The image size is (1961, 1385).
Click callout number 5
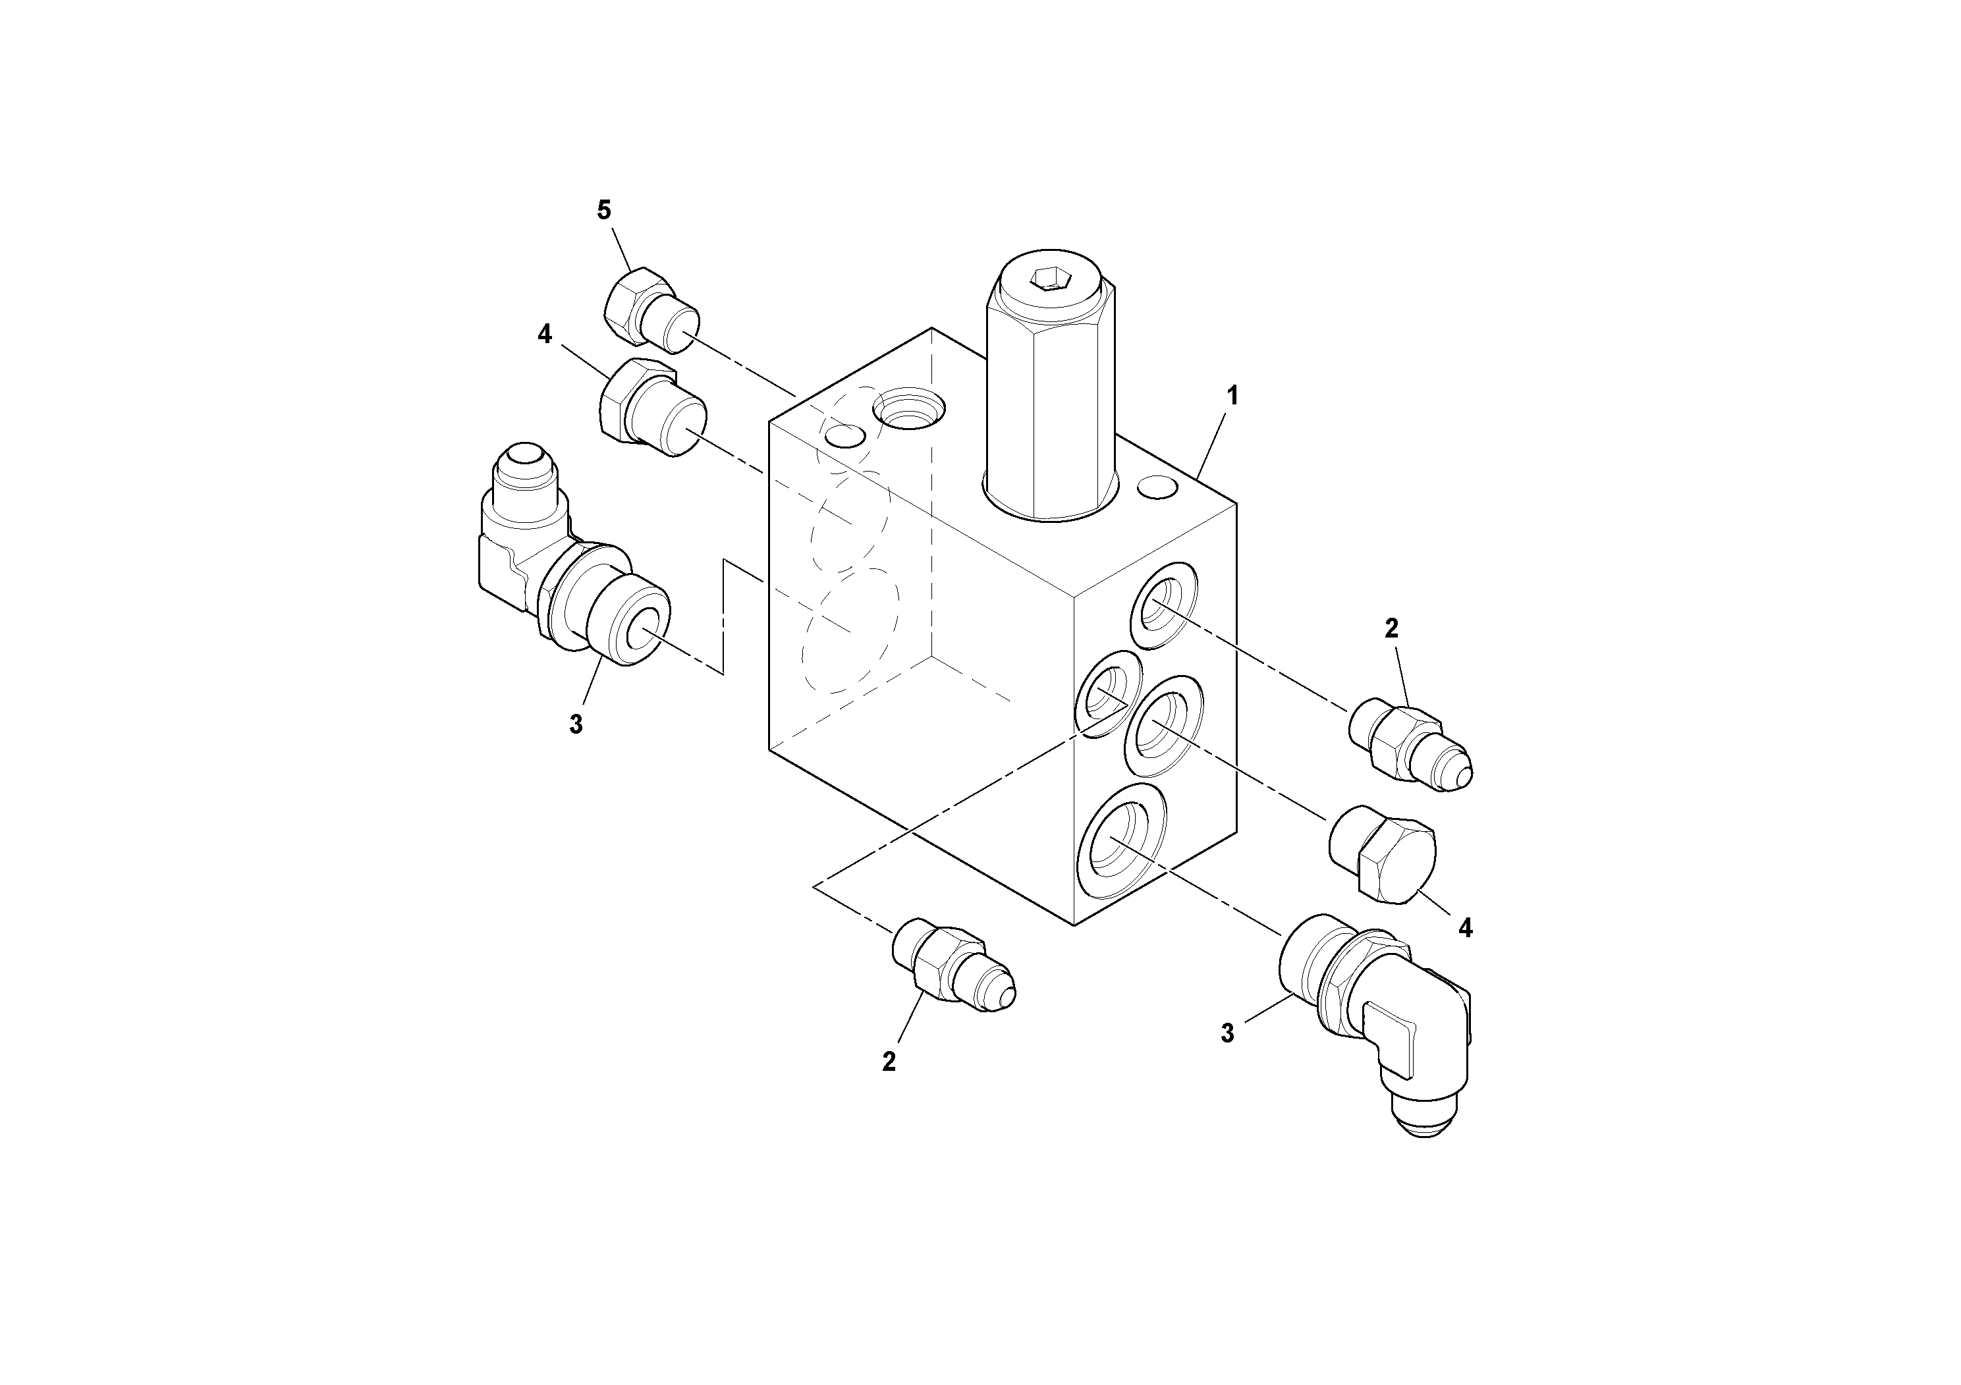[x=604, y=210]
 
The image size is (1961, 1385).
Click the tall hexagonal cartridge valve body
[x=1051, y=401]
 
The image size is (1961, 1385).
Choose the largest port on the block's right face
[x=1120, y=842]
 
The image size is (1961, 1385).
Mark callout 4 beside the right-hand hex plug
[x=1466, y=928]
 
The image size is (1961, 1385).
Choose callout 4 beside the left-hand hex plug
[x=545, y=335]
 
